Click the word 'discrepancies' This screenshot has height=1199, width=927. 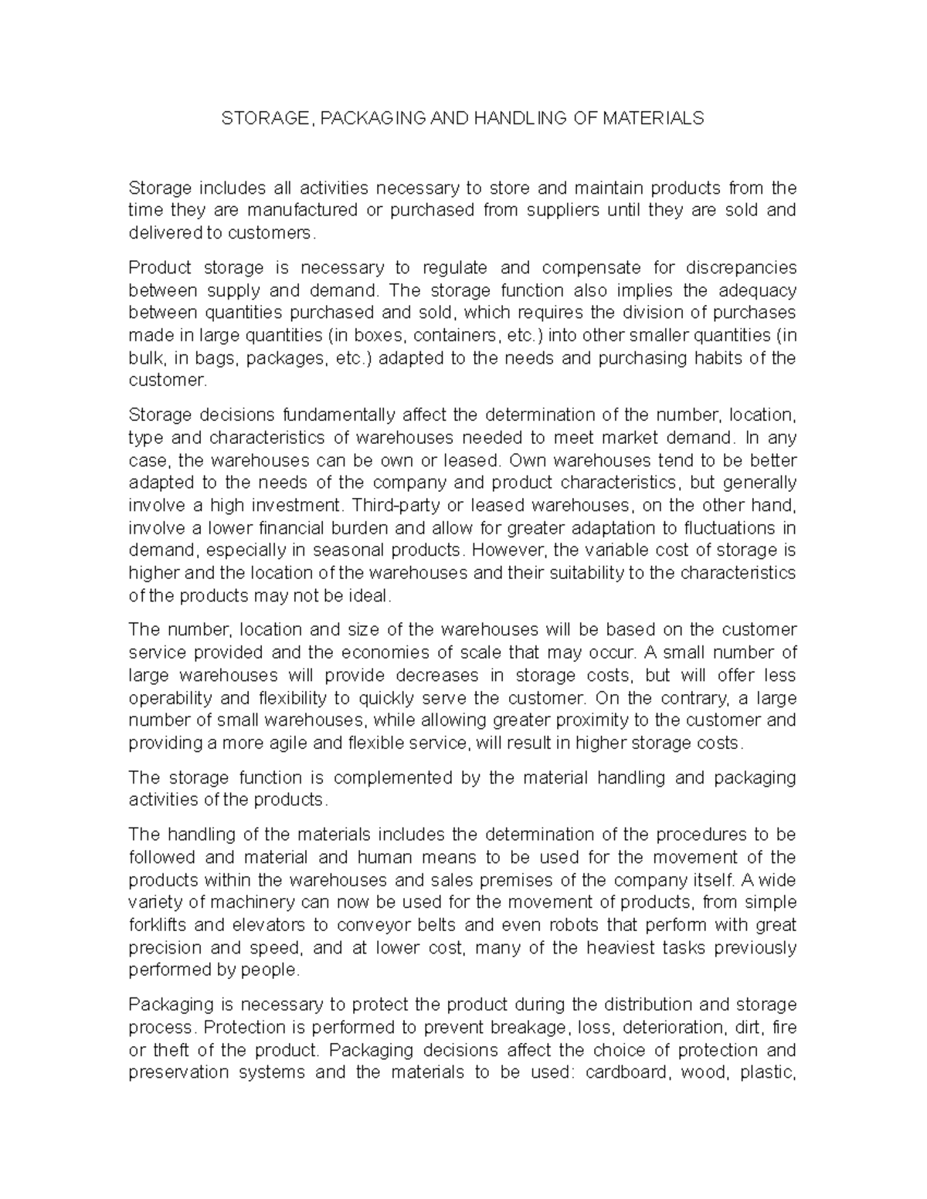click(740, 268)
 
